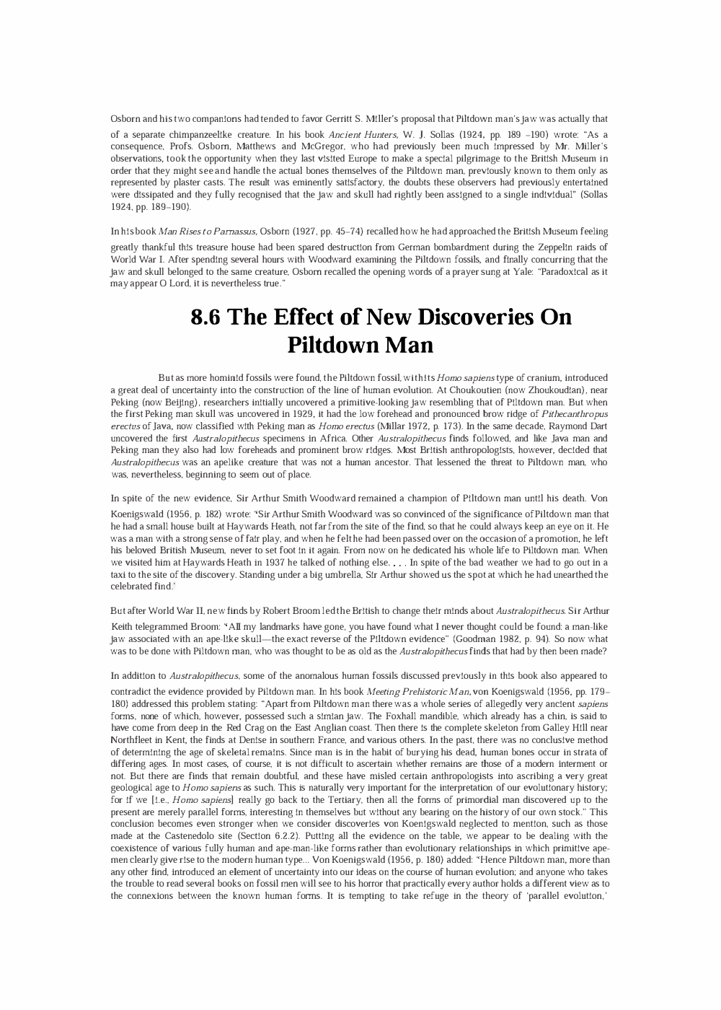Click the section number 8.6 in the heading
(206, 317)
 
